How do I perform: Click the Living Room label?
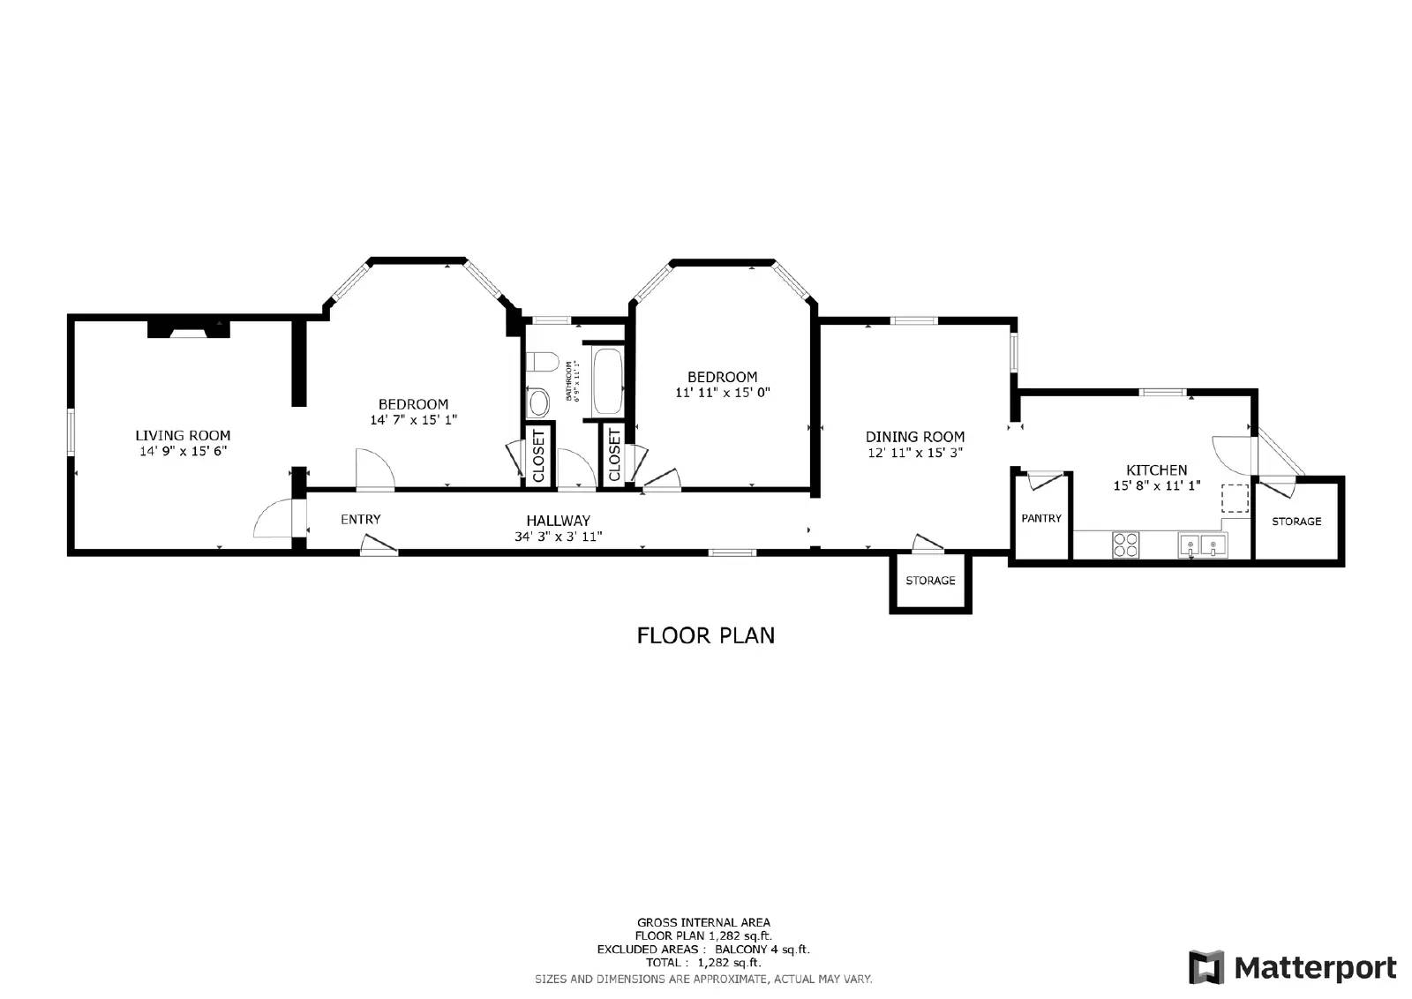(x=183, y=435)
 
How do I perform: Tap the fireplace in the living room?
(x=188, y=329)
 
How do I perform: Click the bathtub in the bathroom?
(x=608, y=382)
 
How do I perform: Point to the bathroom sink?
(x=537, y=404)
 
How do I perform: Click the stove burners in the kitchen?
(x=1125, y=545)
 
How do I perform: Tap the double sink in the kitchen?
(x=1202, y=545)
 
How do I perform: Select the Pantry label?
(x=1041, y=518)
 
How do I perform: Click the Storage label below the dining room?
(x=930, y=581)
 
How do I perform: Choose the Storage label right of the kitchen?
(x=1296, y=522)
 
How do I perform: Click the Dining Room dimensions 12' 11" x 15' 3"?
(x=914, y=453)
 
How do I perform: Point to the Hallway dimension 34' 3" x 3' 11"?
(x=558, y=536)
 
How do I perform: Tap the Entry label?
(x=360, y=519)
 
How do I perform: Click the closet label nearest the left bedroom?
(x=539, y=454)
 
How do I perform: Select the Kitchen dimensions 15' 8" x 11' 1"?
(x=1156, y=485)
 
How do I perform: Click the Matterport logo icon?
(x=1206, y=967)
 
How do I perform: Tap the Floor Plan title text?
(x=705, y=635)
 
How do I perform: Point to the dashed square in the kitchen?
(x=1235, y=499)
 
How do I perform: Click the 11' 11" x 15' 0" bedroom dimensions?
(x=722, y=393)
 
